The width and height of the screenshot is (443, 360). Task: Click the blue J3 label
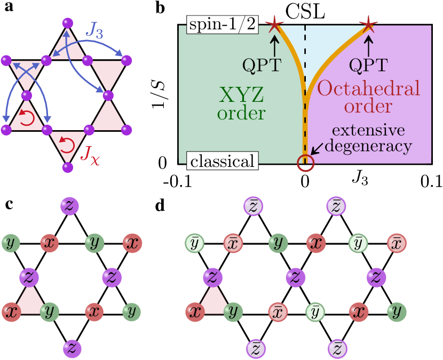97,33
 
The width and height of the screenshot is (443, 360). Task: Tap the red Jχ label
89,155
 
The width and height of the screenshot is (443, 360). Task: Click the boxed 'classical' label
223,161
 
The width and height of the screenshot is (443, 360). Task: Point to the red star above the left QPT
274,23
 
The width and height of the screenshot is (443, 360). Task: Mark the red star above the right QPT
368,23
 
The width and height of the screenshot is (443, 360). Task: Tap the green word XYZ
242,95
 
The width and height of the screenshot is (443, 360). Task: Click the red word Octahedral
369,89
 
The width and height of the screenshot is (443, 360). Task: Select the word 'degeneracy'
368,146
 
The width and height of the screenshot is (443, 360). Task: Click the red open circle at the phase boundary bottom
305,163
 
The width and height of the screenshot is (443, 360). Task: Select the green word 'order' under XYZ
241,113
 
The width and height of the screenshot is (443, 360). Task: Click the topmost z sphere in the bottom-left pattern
70,206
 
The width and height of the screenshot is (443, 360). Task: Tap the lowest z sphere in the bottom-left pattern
72,348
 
